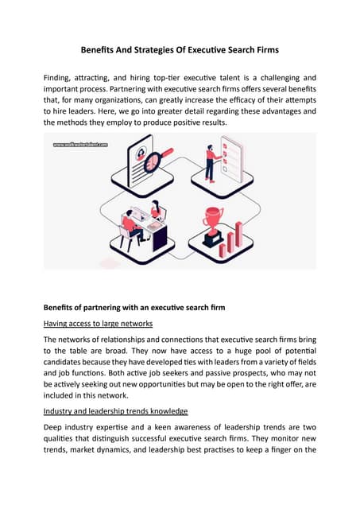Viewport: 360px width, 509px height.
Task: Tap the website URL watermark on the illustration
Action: tap(80, 145)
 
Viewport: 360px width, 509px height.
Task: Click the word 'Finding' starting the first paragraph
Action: tap(60, 78)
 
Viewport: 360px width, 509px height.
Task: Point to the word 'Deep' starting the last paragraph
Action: tap(56, 429)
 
